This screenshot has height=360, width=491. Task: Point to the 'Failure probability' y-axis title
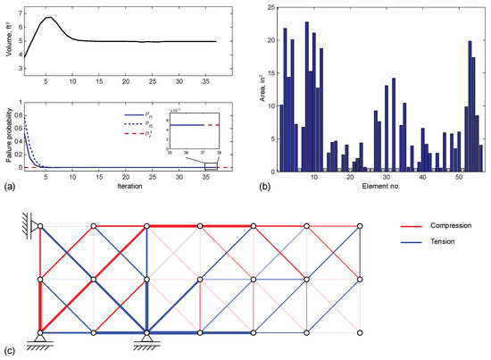coord(7,128)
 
